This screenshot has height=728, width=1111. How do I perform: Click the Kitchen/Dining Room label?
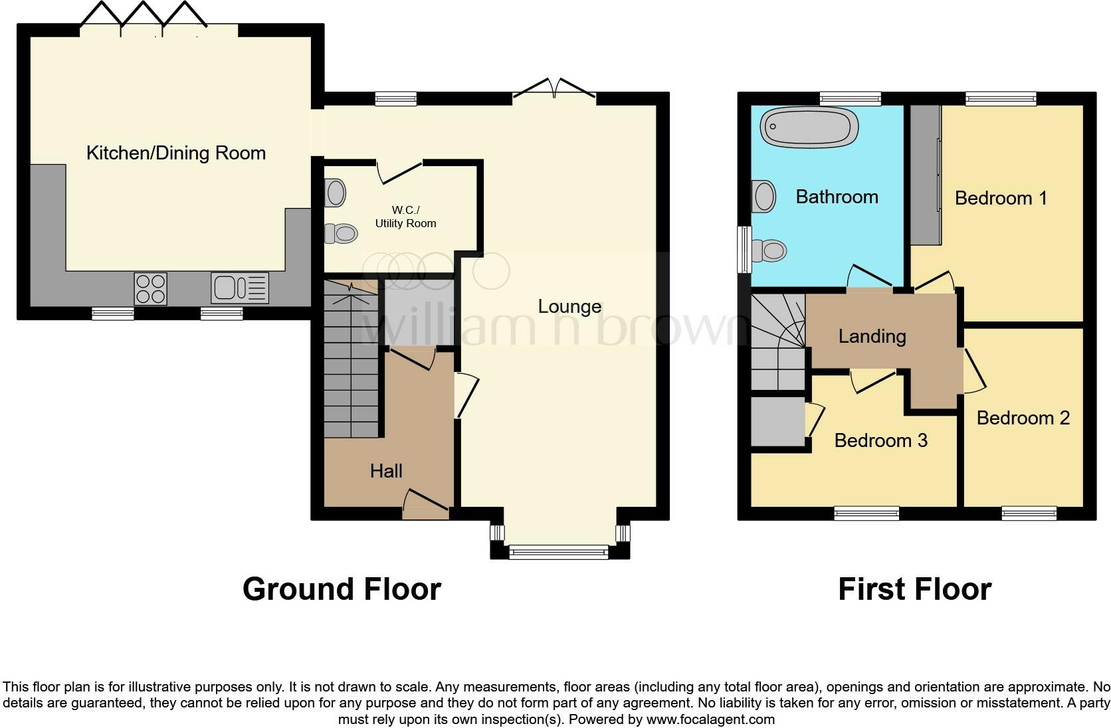[x=176, y=153]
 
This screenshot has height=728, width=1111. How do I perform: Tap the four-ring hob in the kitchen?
[x=151, y=289]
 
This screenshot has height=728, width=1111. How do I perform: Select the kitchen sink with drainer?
[x=239, y=288]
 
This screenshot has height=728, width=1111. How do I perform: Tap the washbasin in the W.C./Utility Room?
[x=336, y=193]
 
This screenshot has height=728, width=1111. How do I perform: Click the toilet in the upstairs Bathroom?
[x=770, y=250]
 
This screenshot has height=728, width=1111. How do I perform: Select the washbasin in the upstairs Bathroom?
[x=764, y=197]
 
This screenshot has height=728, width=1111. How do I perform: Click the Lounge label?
[x=569, y=307]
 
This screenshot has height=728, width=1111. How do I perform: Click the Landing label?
[x=872, y=336]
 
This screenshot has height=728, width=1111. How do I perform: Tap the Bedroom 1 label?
[x=1001, y=198]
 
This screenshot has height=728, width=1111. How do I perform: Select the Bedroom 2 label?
[x=1023, y=418]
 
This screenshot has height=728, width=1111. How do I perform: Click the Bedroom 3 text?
[x=880, y=440]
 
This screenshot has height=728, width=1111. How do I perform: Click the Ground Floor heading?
[x=342, y=589]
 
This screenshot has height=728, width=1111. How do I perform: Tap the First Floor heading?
[x=914, y=589]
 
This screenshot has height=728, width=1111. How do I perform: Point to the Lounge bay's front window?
[x=559, y=551]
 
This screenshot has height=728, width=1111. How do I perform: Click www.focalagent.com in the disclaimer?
[x=710, y=719]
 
